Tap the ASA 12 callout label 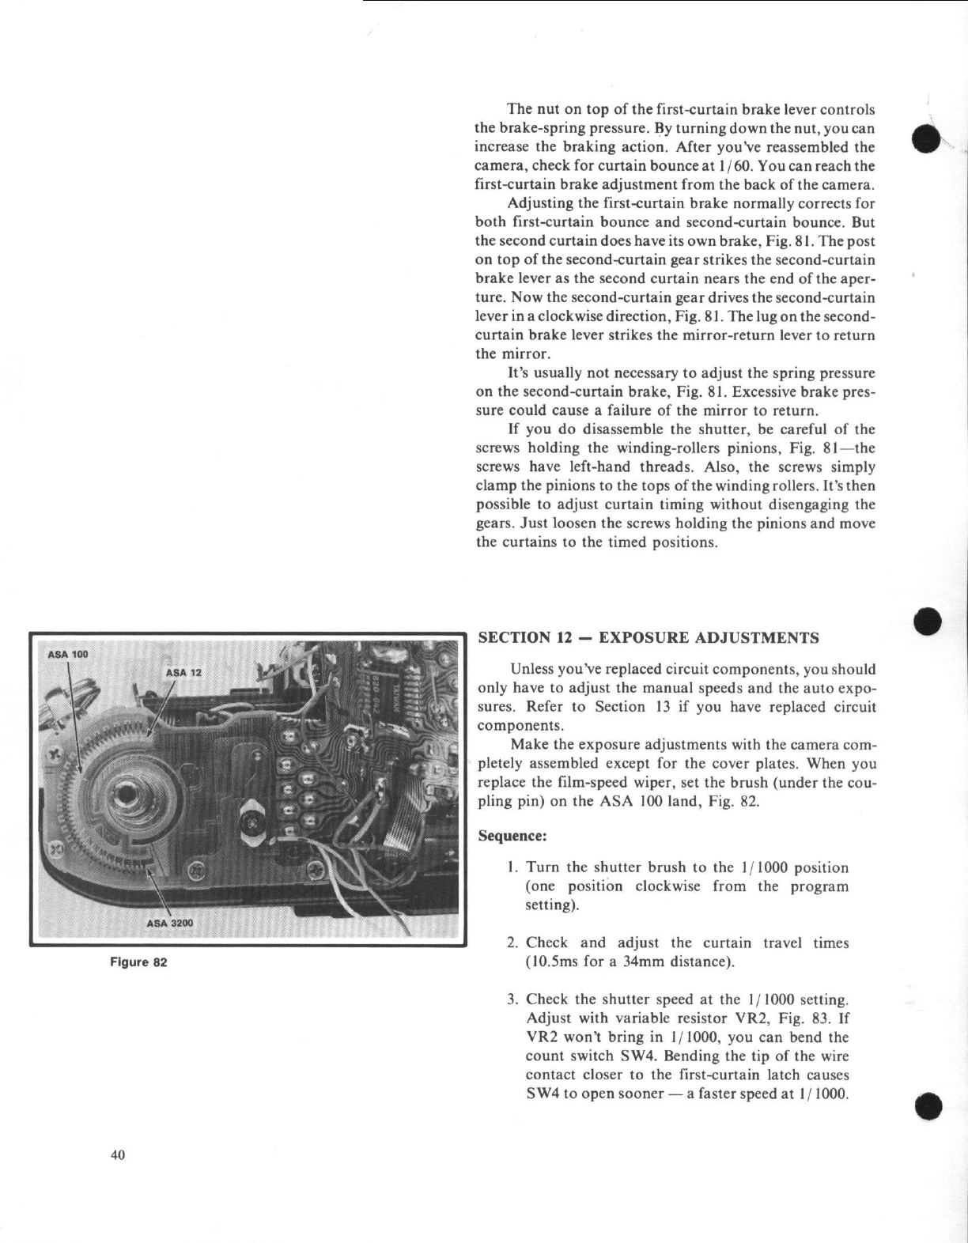[x=184, y=672]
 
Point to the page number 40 [x=118, y=1155]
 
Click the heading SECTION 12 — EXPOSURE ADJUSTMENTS [x=648, y=637]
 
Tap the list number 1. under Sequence [x=513, y=867]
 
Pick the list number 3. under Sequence [x=513, y=1000]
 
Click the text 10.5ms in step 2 [x=554, y=962]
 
